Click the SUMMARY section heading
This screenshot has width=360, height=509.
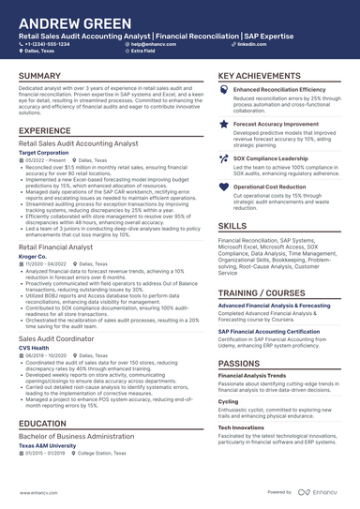tap(39, 75)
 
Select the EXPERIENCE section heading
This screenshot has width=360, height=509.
tap(44, 130)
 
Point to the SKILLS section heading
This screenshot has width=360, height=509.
tap(232, 226)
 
